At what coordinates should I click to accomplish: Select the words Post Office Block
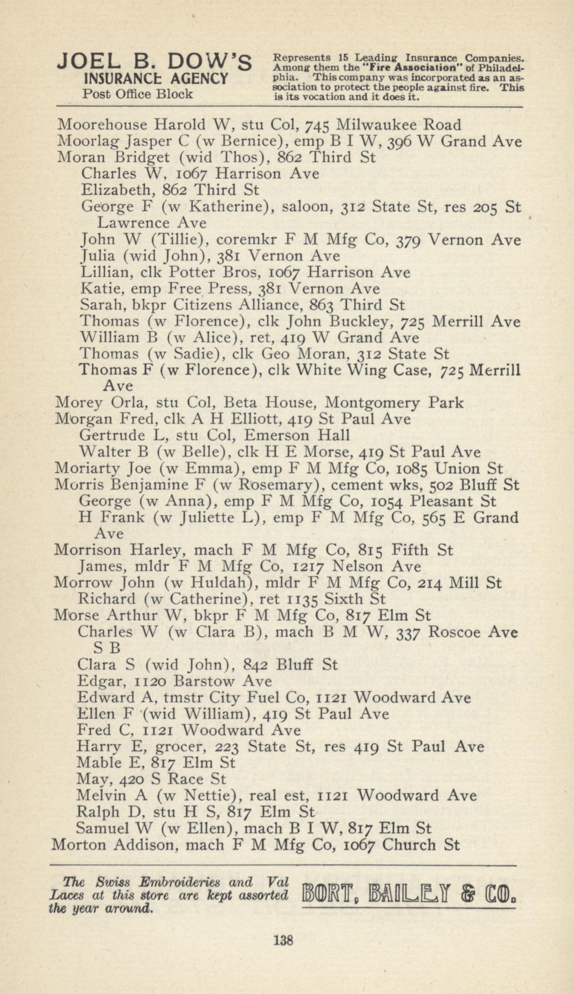click(x=138, y=94)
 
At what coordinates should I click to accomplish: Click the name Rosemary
click(x=274, y=485)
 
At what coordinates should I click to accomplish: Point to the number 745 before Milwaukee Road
click(x=316, y=126)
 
